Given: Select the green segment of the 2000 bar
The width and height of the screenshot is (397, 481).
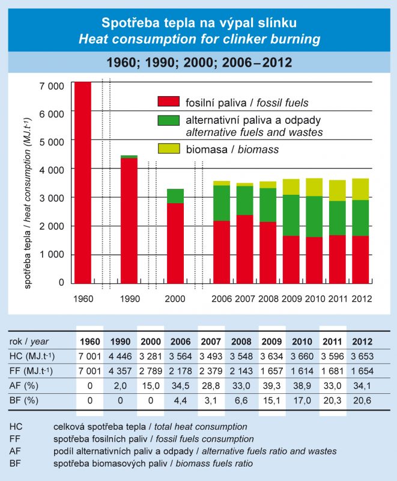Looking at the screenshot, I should [175, 196].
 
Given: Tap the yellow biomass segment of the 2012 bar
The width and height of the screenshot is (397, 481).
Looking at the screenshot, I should [360, 189].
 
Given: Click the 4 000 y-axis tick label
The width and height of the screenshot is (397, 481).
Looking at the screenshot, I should [51, 170].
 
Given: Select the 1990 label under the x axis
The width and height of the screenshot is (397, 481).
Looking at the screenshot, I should [130, 298].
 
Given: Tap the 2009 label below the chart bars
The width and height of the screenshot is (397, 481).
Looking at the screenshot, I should [291, 298].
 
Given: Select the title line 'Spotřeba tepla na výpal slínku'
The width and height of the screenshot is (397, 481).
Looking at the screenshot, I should [199, 24].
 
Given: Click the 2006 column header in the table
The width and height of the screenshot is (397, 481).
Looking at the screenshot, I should [181, 342].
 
